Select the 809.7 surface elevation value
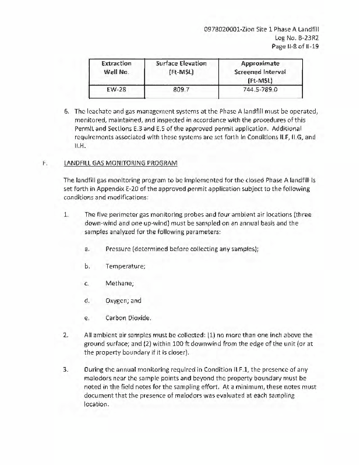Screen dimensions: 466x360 (x=182, y=90)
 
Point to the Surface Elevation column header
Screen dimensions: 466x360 (x=182, y=68)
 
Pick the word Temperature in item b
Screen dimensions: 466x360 (x=125, y=266)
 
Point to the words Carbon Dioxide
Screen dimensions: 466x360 (x=129, y=318)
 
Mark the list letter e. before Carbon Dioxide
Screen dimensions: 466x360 (x=86, y=318)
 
